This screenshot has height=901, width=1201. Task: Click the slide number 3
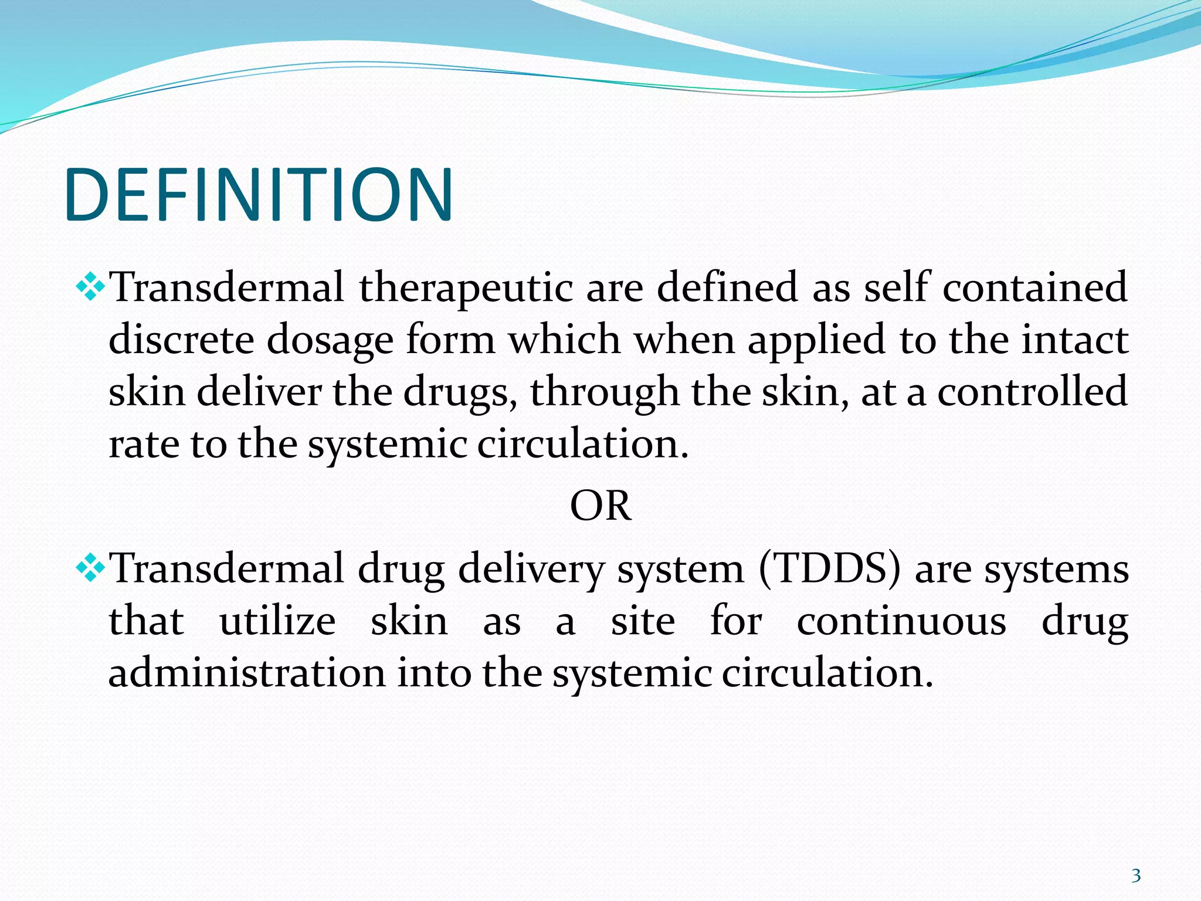pyautogui.click(x=1136, y=876)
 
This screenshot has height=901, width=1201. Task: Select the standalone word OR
pyautogui.click(x=600, y=506)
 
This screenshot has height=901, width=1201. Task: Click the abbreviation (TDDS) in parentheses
pyautogui.click(x=829, y=569)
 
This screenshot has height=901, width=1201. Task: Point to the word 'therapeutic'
pyautogui.click(x=466, y=289)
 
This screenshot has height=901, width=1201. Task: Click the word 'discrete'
pyautogui.click(x=181, y=340)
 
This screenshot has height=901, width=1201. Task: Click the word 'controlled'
pyautogui.click(x=1032, y=392)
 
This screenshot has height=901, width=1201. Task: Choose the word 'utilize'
pyautogui.click(x=277, y=621)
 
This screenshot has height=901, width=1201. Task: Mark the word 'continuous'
pyautogui.click(x=901, y=621)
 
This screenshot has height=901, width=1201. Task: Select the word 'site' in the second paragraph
pyautogui.click(x=643, y=621)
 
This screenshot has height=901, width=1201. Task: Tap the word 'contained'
pyautogui.click(x=1034, y=287)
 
